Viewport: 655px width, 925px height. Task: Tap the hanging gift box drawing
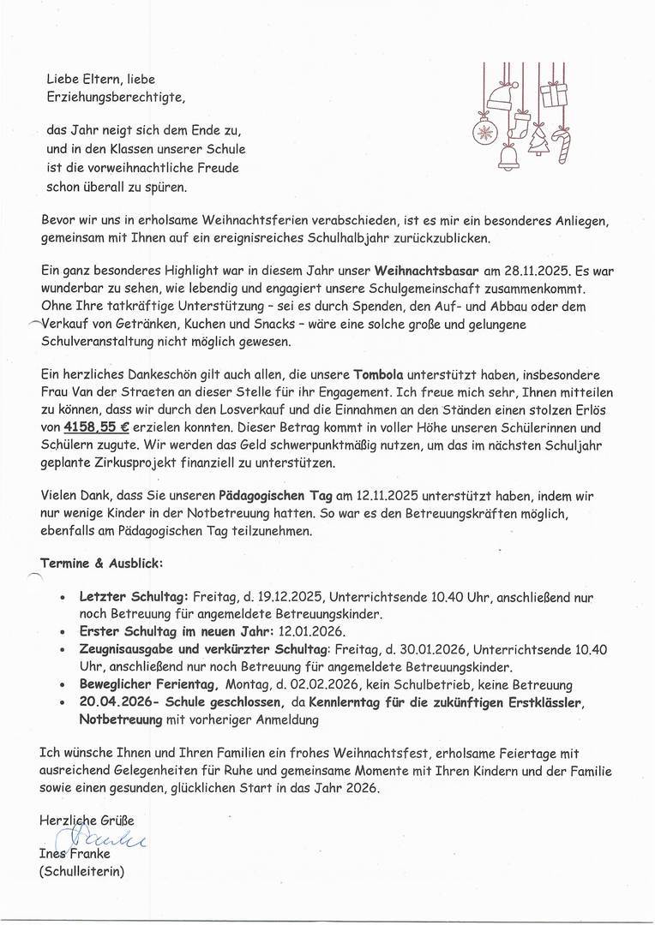tap(552, 90)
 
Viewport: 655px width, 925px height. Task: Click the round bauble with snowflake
tap(484, 133)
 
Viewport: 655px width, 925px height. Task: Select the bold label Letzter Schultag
tap(134, 597)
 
